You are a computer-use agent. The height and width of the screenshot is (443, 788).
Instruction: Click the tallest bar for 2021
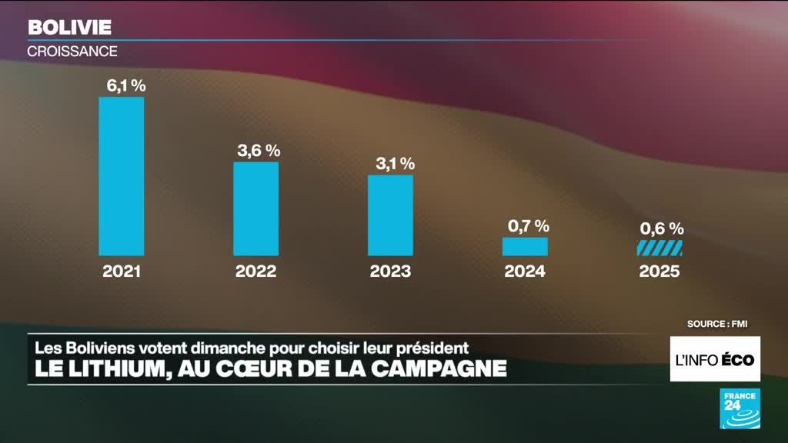[x=122, y=176]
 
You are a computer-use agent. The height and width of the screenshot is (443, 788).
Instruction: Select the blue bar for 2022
[x=256, y=208]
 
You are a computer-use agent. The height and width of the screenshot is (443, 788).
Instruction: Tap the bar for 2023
[x=390, y=215]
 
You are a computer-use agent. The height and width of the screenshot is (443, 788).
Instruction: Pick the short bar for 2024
[x=525, y=246]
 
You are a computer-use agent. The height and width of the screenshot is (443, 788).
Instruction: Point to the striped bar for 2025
[x=659, y=248]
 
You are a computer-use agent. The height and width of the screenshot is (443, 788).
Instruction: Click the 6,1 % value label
[x=125, y=86]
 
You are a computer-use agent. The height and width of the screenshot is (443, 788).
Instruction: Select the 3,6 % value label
[x=259, y=151]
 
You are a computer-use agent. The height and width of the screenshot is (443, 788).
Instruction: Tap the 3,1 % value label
[x=394, y=164]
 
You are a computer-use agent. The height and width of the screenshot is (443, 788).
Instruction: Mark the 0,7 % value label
[x=529, y=225]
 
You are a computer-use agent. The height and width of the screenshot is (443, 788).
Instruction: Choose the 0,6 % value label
[x=662, y=228]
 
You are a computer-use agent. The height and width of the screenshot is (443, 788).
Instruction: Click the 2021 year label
[x=122, y=271]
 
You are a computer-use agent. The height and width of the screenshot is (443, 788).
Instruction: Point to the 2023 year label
[x=390, y=271]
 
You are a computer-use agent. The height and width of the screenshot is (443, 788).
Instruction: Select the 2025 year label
[x=659, y=271]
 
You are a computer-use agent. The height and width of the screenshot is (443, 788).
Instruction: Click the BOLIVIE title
[x=69, y=28]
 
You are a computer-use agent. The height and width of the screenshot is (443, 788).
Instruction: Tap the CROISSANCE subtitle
[x=72, y=52]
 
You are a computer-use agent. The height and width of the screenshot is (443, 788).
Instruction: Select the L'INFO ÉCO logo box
[x=715, y=359]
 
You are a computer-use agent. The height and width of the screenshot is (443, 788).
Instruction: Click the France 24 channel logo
[x=740, y=408]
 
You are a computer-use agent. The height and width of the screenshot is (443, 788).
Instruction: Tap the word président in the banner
[x=430, y=347]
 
